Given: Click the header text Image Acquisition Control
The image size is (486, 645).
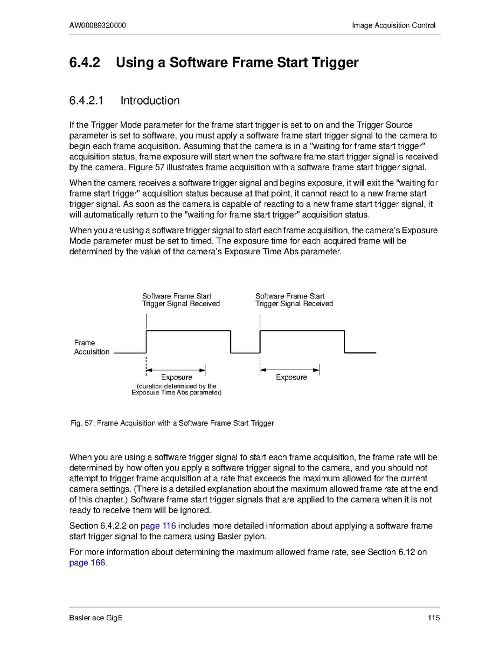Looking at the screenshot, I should pos(393,25).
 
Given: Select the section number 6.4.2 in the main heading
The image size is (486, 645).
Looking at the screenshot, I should pos(85,63).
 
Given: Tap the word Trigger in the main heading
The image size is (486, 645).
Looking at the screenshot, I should pos(334,63).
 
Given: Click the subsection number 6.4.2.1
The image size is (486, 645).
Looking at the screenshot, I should pos(87,101).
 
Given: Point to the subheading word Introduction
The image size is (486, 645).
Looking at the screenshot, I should pos(150,101).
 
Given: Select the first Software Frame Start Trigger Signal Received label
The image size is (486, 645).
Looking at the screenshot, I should pos(180,300).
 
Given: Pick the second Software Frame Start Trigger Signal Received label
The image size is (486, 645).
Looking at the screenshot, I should pos(294,300).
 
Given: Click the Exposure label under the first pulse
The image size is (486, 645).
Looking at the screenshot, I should pos(176,377).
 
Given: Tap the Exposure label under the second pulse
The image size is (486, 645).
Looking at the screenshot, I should pos(291,377).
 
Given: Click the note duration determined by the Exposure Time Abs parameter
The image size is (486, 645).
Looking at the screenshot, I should pos(176,390).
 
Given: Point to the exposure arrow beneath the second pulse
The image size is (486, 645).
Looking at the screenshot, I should pos(290,370).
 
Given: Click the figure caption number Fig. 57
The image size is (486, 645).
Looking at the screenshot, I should pos(82,423).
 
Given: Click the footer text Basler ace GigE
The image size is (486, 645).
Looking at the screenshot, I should pos(95,618).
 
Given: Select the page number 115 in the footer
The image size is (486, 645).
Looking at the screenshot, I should pos(434,618).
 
